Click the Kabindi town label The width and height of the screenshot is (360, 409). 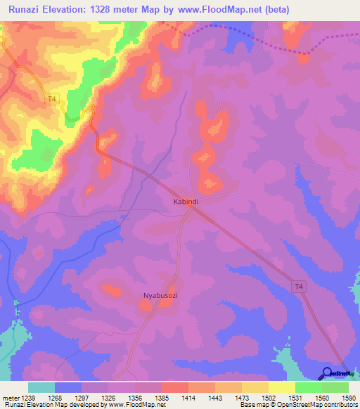[186, 202]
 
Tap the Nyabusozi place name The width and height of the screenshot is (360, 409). [160, 296]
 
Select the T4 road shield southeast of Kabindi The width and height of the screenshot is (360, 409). [300, 286]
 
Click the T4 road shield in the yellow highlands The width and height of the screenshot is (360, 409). [51, 100]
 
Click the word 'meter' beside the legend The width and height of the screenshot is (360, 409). [10, 397]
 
